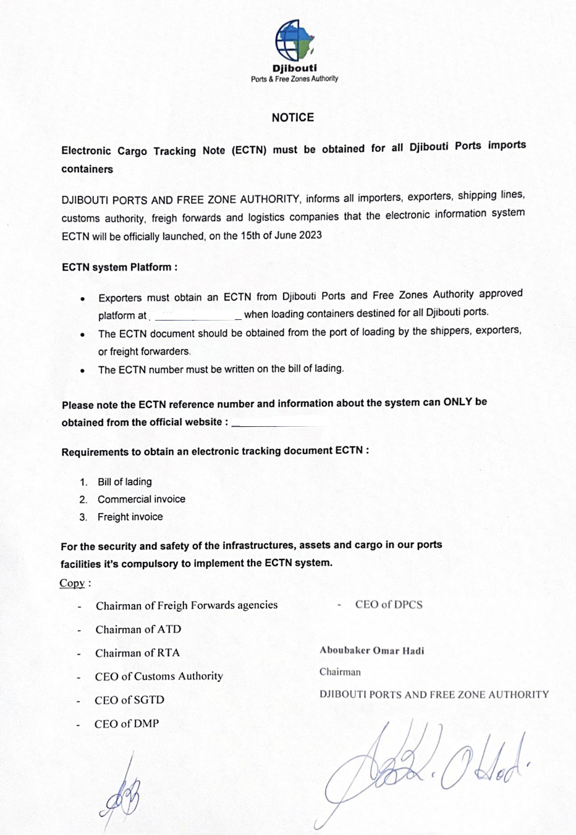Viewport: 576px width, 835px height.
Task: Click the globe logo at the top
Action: tap(295, 41)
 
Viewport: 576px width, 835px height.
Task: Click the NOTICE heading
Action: tap(293, 117)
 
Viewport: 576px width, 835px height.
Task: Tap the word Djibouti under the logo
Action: tap(294, 69)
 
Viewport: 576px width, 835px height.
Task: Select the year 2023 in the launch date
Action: tap(310, 235)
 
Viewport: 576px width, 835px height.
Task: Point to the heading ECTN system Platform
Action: tap(119, 267)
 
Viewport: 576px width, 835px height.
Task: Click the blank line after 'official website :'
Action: tap(278, 424)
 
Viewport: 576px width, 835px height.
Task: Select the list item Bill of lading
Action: tap(124, 482)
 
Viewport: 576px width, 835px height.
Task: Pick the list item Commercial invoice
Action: tap(141, 499)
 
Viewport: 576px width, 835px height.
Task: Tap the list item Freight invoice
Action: tap(130, 517)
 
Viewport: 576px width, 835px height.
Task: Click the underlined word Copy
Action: tap(72, 583)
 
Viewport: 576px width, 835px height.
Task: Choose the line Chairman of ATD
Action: tap(138, 629)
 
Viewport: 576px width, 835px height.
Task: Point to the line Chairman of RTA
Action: tap(137, 653)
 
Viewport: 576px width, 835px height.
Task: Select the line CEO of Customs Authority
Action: tap(159, 676)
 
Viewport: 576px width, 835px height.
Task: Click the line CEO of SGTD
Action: tap(129, 700)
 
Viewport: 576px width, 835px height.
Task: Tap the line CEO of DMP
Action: tap(127, 723)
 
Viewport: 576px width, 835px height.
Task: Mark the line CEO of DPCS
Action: tap(389, 605)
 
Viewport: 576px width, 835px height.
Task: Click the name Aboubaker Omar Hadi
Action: tap(371, 650)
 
